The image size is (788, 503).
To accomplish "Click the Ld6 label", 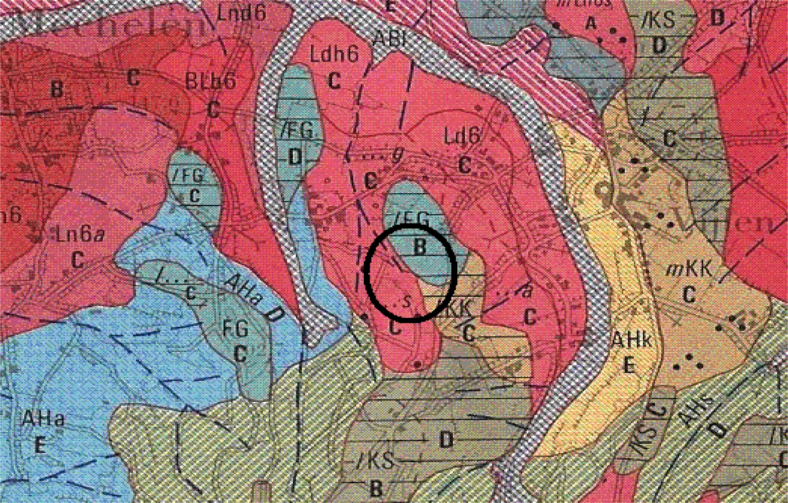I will point(462,136).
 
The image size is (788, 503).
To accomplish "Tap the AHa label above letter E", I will point(44,418).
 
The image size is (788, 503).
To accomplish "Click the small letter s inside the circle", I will point(406,301).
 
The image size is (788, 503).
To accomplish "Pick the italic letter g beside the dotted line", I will point(397,156).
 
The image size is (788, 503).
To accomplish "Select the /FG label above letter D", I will point(297,130).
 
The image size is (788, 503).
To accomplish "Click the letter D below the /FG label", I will point(295,157).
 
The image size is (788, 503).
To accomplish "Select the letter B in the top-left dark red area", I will point(57,89).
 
